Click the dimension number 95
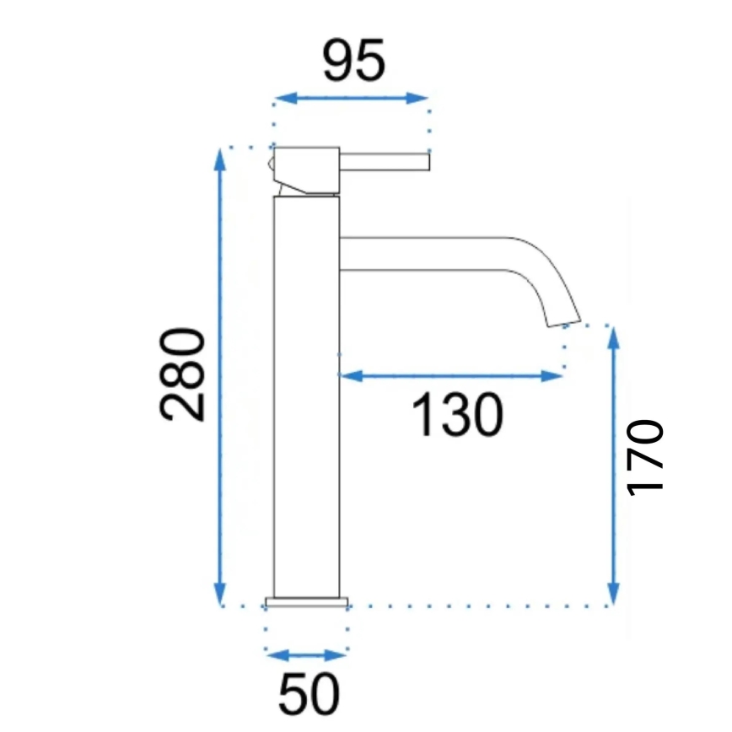(353, 62)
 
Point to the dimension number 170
(647, 456)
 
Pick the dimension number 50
(308, 694)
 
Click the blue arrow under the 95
(351, 98)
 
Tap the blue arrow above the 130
(450, 375)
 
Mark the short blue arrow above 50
(306, 655)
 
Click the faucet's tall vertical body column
(306, 396)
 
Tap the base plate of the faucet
(306, 602)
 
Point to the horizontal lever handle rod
(385, 160)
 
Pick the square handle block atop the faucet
(306, 169)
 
